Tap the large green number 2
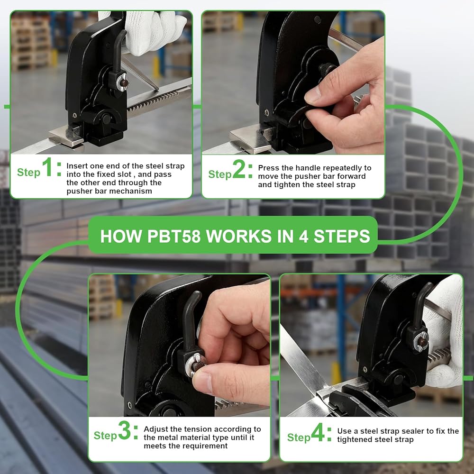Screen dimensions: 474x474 (239, 169)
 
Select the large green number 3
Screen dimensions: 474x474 (124, 430)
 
